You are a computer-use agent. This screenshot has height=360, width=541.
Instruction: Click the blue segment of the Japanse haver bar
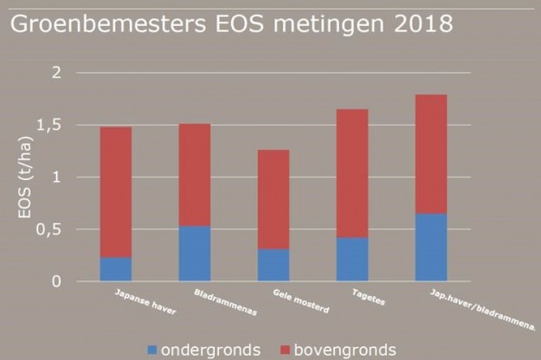click(116, 269)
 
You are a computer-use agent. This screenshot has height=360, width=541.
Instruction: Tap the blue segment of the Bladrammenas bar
click(195, 254)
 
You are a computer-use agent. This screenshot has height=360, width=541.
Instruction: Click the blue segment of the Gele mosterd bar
click(274, 265)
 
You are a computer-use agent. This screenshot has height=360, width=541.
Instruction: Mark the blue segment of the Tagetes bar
click(352, 260)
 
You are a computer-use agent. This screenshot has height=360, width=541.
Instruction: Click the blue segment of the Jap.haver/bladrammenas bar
click(431, 247)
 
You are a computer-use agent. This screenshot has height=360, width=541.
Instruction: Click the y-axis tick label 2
click(57, 73)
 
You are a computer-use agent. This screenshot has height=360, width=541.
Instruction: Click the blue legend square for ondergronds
click(152, 350)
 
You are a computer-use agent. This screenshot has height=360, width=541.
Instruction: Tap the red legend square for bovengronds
click(288, 350)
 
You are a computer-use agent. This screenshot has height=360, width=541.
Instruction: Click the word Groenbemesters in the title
click(101, 23)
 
